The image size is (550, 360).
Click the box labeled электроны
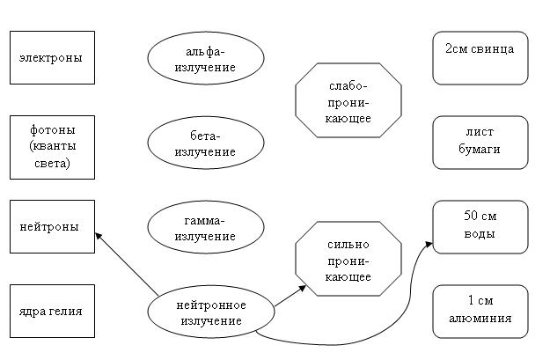pos(51,58)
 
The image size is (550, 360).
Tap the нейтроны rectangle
pos(51,226)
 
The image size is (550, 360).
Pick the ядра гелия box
pos(51,311)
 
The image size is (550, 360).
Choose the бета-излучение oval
pos(205,143)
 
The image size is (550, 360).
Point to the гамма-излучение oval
pos(205,228)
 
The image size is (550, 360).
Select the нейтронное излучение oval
pos(211,312)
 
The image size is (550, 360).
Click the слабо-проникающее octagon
pos(348,102)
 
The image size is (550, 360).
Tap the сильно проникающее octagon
pos(348,261)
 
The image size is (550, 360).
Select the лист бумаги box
pos(480,142)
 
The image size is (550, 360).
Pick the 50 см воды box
pos(480,226)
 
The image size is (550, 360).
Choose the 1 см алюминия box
pos(480,311)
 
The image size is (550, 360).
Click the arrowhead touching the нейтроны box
pos(99,235)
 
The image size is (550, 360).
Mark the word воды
pos(480,234)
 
